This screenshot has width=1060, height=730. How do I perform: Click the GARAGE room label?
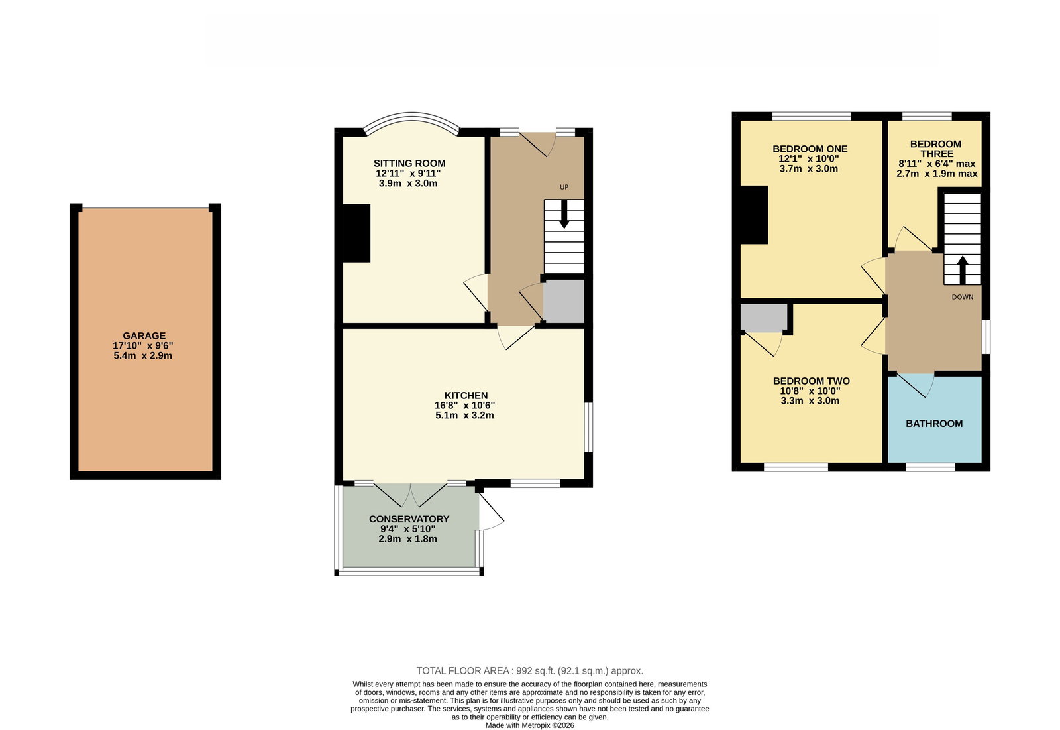coord(144,336)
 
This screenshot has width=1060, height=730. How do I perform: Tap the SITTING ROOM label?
coord(409,163)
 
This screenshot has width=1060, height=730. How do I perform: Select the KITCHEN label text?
coord(466,396)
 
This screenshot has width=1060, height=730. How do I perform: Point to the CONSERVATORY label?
coord(409,519)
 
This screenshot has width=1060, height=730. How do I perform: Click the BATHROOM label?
coord(934,424)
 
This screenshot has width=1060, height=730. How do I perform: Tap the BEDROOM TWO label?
coord(811,381)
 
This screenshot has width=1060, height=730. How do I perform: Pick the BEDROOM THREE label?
coord(935,149)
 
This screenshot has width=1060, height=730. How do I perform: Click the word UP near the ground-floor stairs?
coord(564,187)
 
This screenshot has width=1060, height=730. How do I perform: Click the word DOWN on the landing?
coord(963,297)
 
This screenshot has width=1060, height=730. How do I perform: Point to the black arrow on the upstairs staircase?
coord(963,270)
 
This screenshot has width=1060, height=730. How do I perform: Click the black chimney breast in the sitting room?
coord(356,233)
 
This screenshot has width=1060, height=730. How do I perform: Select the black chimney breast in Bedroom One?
coord(754,215)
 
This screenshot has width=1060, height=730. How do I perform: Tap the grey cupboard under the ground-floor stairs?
coord(564,301)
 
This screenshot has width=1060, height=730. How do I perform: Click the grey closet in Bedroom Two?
coord(764,318)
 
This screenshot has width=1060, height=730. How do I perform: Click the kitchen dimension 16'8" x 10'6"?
coord(464,406)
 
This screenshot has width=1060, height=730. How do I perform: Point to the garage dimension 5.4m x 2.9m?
coord(142,356)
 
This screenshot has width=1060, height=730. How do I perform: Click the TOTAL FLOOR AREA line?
coord(529,671)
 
